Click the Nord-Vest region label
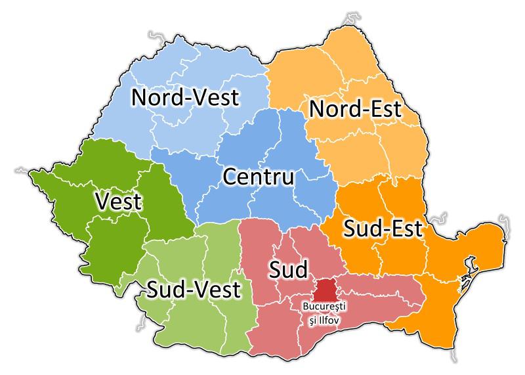pos(185,98)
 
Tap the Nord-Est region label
pos(354,108)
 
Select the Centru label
pos(259,177)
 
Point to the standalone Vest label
pos(118,201)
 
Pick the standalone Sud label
pos(286,268)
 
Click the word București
pos(324,307)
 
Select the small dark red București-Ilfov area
pos(325,289)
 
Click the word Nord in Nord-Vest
pos(157,98)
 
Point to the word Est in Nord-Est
pos(384,108)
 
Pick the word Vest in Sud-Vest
pos(217,290)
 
